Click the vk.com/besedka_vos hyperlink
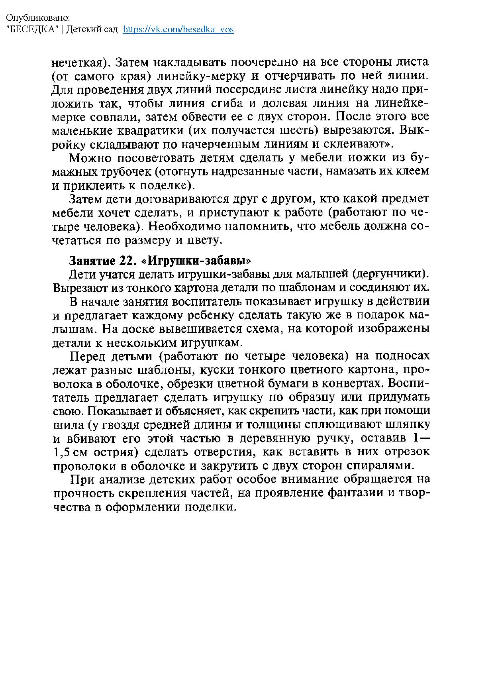point(178,29)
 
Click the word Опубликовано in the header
point(38,18)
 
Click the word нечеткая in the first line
point(80,63)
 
